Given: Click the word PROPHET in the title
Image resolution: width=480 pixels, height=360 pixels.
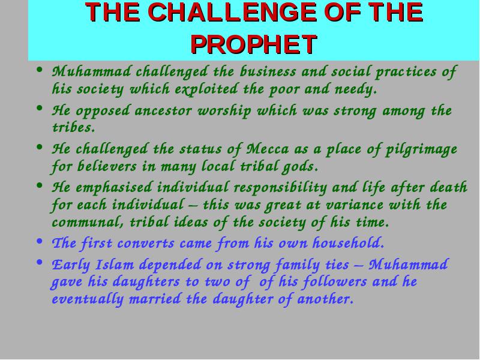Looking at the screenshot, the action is coord(254,44).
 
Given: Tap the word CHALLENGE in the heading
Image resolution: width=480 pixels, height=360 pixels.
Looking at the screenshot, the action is coord(232,12).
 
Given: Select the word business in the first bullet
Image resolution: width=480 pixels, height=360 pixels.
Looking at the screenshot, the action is coord(268,71).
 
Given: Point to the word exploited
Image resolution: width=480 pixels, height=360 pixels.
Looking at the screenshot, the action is coord(206,89).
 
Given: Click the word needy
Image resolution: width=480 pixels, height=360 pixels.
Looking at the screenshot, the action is coord(355,90).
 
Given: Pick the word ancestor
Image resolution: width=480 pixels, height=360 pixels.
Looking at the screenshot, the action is coord(163,111).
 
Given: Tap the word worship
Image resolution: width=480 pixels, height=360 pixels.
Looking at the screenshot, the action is coord(224,111).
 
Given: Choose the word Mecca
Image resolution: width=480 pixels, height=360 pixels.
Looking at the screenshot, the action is coord(267,149).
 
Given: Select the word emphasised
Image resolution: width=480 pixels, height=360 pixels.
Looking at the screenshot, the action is coord(114,188).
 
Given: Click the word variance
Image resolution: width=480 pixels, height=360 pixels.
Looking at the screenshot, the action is coord(354,205).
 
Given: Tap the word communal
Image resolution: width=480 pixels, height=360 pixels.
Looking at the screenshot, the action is coord(88,222).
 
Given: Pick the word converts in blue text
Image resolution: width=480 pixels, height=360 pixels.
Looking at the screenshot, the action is coord(146,244).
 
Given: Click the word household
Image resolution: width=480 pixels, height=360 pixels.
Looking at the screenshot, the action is coord(348,243).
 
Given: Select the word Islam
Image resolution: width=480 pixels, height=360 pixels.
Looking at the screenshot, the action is coord(115,265).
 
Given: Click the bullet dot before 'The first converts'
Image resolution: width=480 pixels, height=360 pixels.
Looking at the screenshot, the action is coord(39,241).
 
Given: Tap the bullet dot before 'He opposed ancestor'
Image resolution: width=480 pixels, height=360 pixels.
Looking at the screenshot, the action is coord(39,108).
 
